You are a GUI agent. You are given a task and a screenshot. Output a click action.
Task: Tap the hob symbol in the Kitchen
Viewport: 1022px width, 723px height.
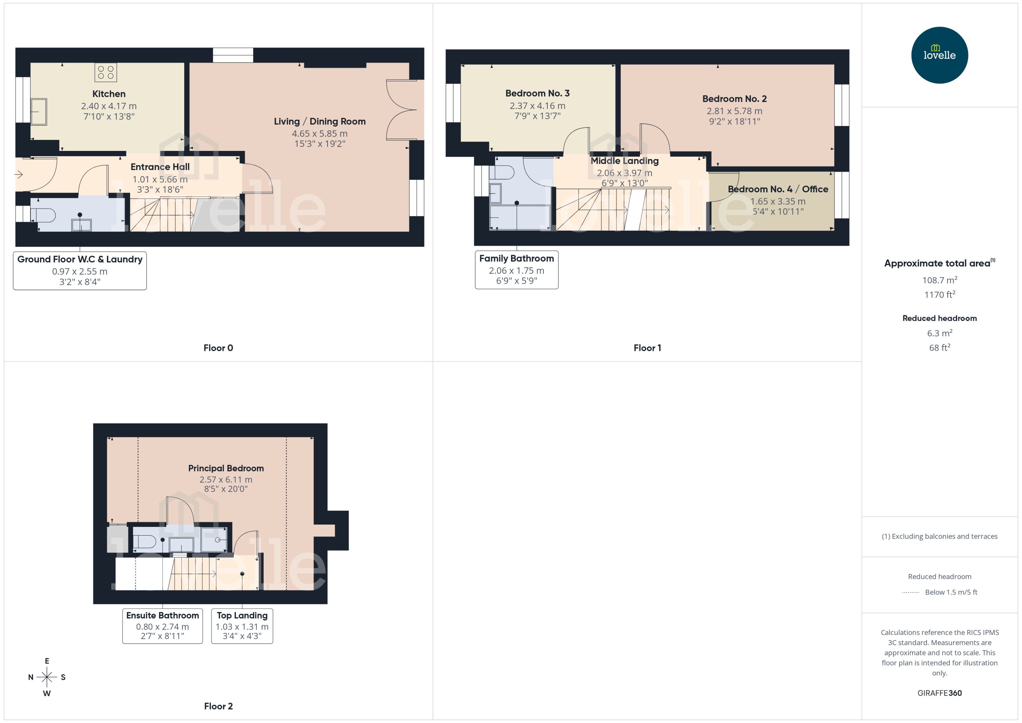[x=105, y=73]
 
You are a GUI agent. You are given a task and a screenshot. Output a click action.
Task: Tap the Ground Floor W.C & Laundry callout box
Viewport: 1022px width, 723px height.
[x=80, y=271]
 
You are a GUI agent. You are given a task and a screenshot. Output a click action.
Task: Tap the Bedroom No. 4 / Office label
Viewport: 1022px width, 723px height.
[x=778, y=189]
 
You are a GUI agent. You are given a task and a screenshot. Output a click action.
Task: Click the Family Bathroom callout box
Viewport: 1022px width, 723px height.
[x=516, y=270]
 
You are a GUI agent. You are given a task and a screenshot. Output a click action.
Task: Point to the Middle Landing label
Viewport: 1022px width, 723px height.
[x=624, y=161]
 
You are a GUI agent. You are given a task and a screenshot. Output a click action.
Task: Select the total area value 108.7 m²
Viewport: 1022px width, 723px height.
[x=939, y=280]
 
